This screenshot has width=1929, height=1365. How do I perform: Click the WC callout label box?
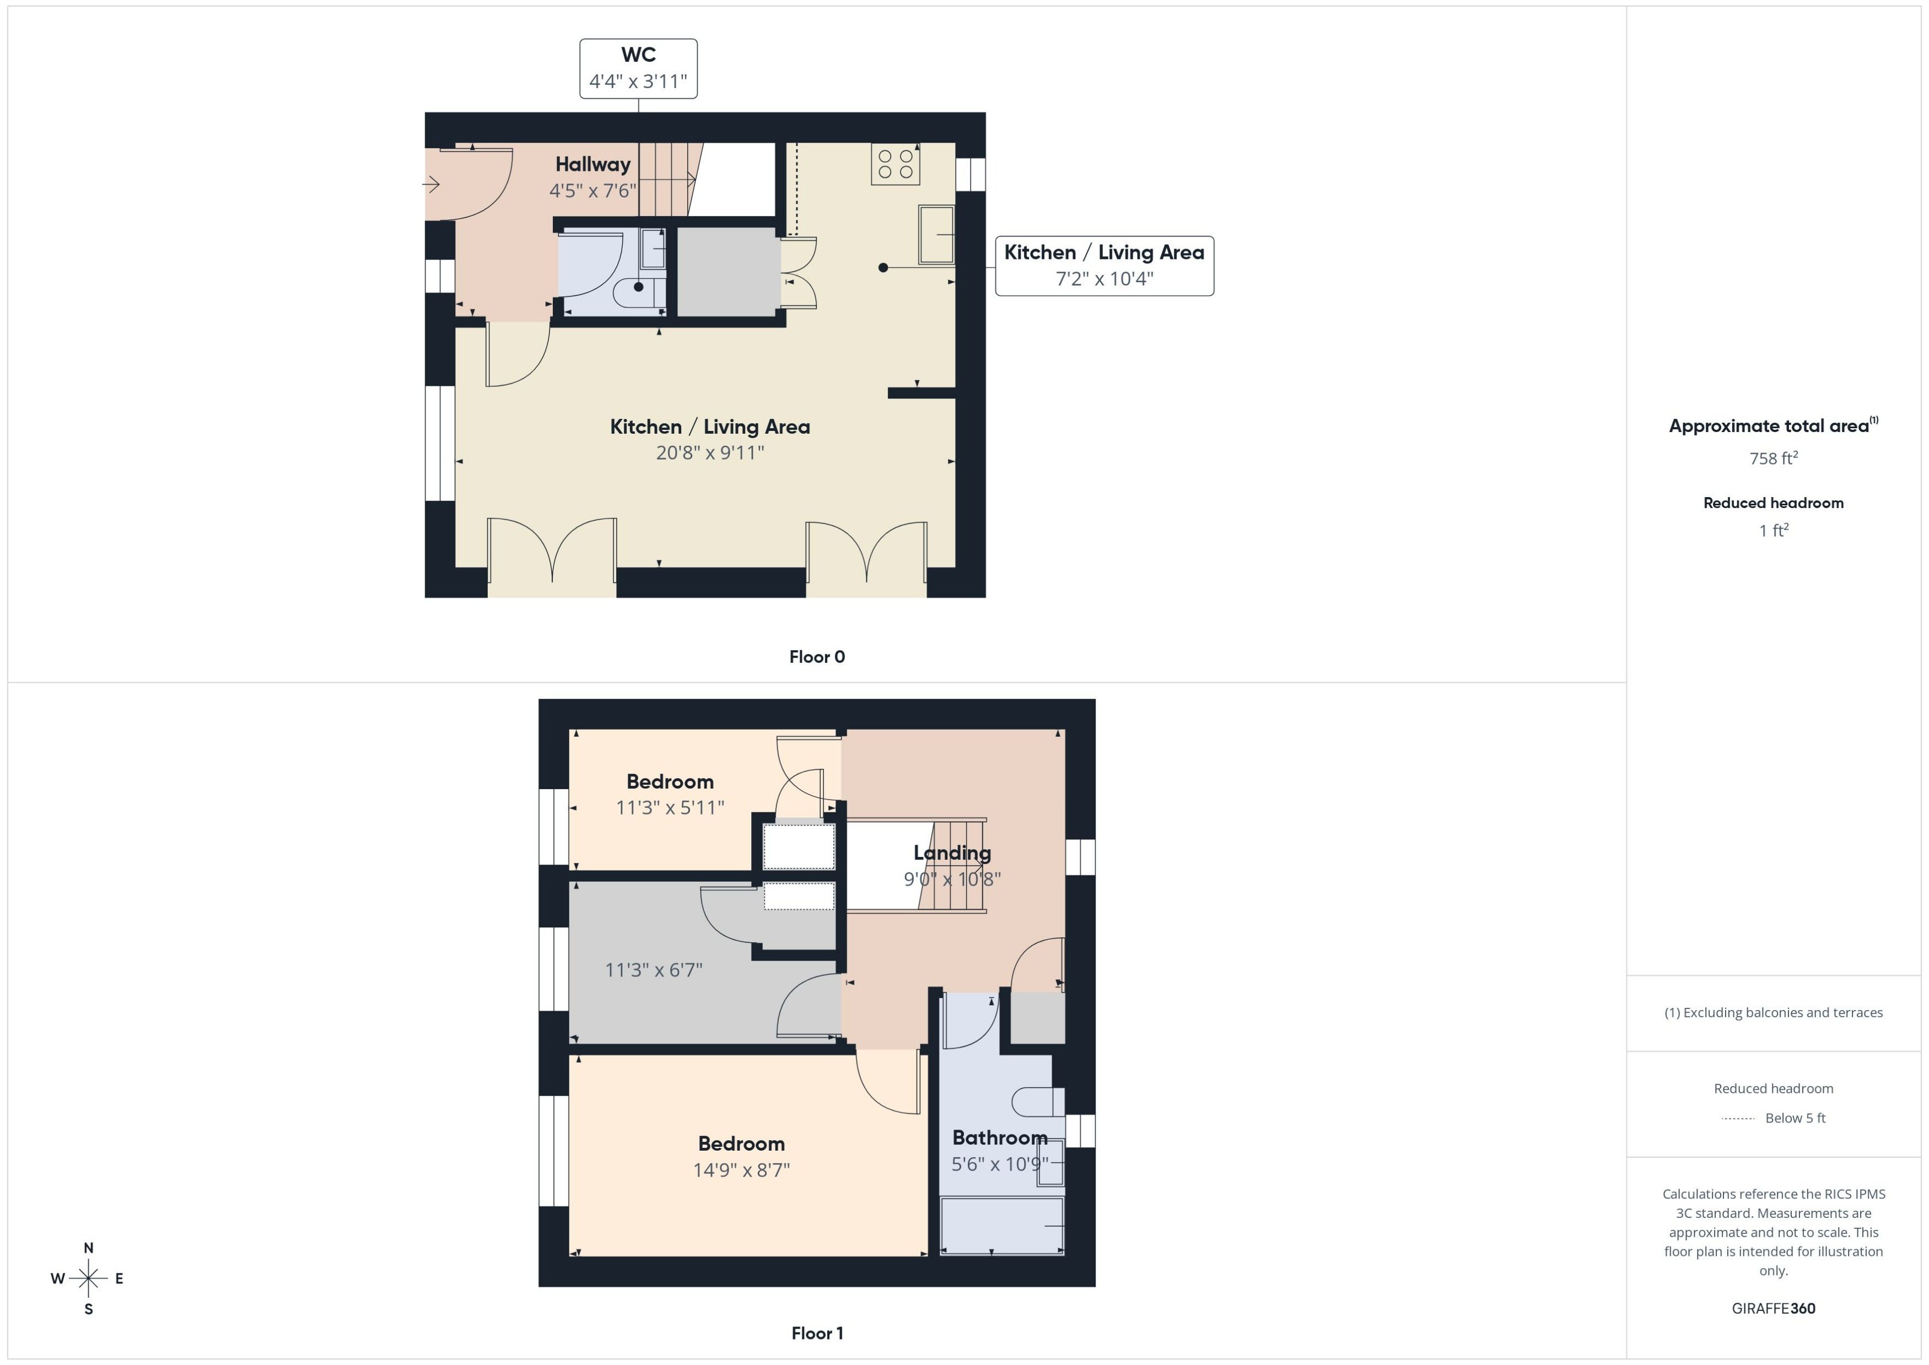[638, 68]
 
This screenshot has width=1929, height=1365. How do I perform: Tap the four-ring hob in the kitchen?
[895, 164]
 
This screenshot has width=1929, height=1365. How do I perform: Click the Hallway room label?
[592, 165]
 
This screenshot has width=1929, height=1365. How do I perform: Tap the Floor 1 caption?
[816, 1333]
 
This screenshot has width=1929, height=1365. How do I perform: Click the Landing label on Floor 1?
[951, 853]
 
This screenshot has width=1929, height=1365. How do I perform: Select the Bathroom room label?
[999, 1138]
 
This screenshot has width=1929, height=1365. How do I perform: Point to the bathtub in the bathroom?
[1001, 1226]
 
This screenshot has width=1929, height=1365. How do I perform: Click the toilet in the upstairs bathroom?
[1036, 1101]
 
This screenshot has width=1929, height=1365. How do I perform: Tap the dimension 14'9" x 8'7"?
[741, 1170]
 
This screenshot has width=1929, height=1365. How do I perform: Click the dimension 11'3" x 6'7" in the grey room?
[653, 970]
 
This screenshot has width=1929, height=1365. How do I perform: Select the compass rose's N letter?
[88, 1248]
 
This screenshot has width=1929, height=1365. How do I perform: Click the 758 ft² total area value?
[1772, 458]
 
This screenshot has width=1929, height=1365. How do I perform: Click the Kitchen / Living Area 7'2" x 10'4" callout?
[1103, 266]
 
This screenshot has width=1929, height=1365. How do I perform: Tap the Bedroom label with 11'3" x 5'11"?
[670, 781]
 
